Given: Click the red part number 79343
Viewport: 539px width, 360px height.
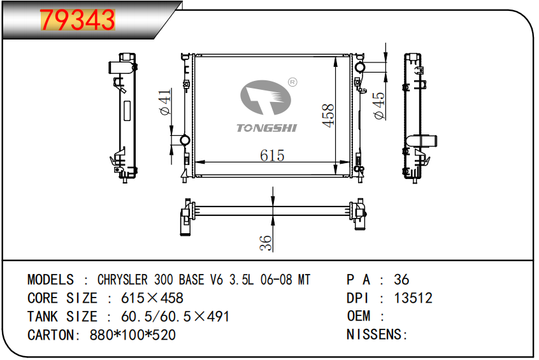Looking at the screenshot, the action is click(x=77, y=20).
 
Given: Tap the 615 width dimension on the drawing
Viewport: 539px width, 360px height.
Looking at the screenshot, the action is click(x=272, y=155).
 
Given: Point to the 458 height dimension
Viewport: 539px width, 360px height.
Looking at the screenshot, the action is click(x=328, y=115).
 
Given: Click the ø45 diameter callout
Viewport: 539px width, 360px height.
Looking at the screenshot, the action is click(x=380, y=106).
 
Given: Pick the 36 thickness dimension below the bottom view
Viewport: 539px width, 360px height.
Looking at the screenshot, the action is click(x=266, y=243).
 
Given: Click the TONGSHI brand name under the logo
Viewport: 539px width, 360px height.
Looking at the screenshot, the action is click(x=266, y=128).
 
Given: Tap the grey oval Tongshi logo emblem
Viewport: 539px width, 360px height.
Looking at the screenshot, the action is click(x=266, y=97).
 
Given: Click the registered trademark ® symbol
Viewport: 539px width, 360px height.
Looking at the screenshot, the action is click(x=292, y=82).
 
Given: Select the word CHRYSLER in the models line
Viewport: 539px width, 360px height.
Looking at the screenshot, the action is click(x=122, y=280).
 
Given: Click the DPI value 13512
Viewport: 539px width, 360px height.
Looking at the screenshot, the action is click(x=413, y=298).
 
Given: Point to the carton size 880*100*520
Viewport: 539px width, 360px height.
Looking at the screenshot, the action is click(x=133, y=335).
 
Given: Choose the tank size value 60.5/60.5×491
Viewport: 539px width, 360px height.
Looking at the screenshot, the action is click(x=175, y=317).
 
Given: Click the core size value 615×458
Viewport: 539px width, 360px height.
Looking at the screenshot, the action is click(x=152, y=298).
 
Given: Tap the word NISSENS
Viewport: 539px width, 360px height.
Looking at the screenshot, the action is click(x=374, y=335).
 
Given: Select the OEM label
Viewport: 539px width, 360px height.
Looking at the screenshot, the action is click(x=359, y=316).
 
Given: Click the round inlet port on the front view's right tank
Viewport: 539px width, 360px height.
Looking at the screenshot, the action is click(x=360, y=67).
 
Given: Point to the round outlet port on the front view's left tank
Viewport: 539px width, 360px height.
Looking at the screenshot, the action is click(x=185, y=140).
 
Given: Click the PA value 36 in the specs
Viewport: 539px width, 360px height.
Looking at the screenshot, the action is click(x=401, y=280).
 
